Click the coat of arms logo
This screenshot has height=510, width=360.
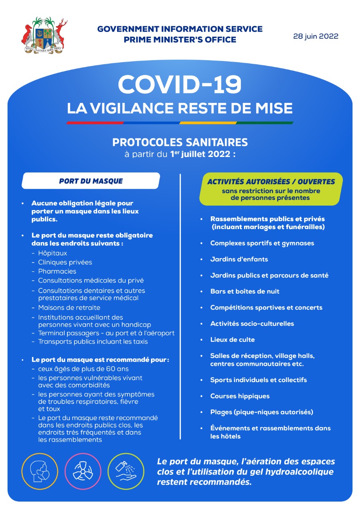(44, 36)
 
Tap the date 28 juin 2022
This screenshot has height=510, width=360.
(315, 36)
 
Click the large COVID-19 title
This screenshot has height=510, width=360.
(180, 84)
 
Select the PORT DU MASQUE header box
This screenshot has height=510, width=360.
(91, 181)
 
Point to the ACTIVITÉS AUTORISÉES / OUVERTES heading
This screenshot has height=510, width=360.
(271, 182)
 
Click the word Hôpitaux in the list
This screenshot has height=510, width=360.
(53, 253)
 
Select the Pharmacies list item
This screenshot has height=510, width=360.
(57, 271)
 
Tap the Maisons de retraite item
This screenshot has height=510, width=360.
(69, 308)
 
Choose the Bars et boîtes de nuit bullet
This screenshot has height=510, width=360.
(245, 291)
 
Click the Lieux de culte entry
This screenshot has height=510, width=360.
(232, 339)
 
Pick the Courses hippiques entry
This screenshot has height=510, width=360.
(240, 396)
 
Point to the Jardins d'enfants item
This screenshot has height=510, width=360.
(239, 259)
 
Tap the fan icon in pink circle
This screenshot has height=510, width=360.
(83, 471)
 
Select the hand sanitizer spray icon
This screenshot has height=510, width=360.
(126, 471)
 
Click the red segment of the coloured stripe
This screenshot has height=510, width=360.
(95, 123)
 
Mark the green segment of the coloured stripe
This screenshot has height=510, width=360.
(265, 123)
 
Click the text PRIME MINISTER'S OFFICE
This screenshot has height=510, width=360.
(180, 40)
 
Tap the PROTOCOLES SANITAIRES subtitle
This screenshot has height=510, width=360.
(180, 142)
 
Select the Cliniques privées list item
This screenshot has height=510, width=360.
(65, 262)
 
